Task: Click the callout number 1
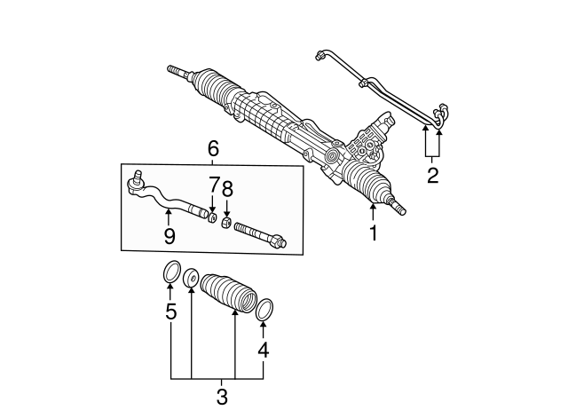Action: [373, 233]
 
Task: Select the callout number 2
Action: [432, 176]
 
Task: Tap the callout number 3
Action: [222, 397]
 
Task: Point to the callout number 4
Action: [264, 350]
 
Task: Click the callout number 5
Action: [170, 312]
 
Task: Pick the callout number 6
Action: [213, 148]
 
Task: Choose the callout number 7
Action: [214, 185]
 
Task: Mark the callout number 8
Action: [227, 189]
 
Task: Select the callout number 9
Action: [170, 237]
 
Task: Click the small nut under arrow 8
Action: [226, 222]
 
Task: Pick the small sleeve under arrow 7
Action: [213, 217]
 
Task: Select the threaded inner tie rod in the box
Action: [260, 235]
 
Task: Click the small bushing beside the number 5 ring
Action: [190, 278]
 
